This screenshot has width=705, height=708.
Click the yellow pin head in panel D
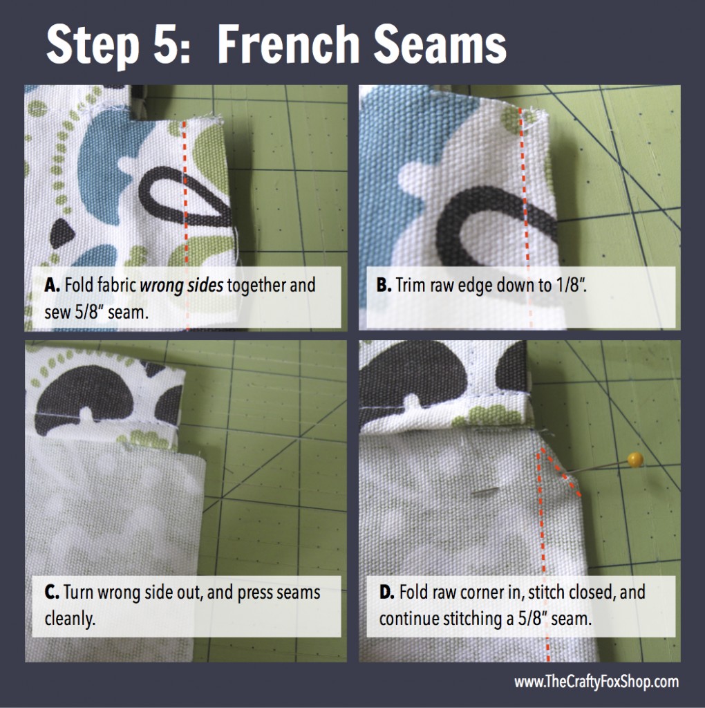(635, 460)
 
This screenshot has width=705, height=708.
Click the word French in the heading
(288, 44)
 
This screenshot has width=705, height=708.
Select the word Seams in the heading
(440, 44)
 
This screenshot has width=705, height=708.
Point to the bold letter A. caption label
(52, 286)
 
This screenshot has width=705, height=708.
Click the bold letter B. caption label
(384, 286)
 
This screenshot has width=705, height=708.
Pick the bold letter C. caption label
(52, 593)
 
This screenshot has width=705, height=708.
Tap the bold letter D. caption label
(387, 593)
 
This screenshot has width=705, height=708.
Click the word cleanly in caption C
(70, 619)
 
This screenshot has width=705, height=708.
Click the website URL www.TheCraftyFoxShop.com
(596, 681)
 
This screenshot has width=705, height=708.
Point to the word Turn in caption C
(79, 593)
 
